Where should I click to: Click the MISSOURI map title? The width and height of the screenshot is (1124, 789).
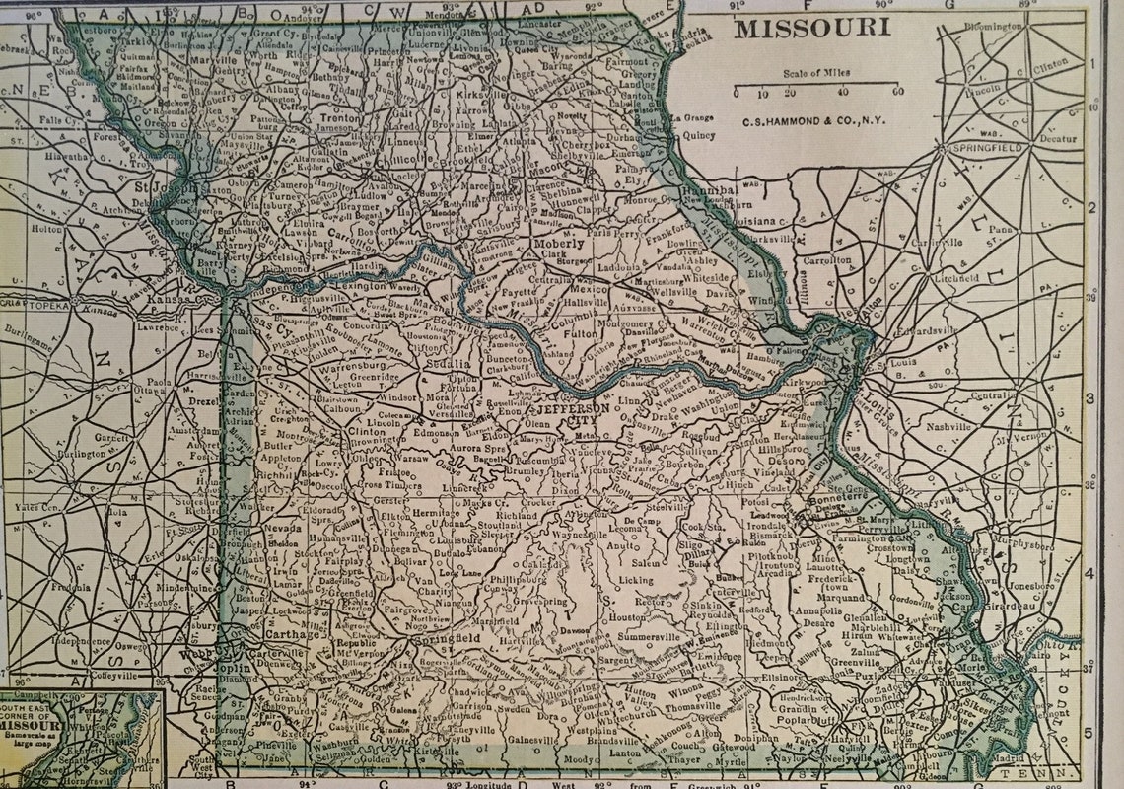(811, 27)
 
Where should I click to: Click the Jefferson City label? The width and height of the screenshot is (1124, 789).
(565, 414)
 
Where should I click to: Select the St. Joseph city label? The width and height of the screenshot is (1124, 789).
(159, 185)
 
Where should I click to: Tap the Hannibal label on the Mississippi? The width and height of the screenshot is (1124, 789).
(710, 189)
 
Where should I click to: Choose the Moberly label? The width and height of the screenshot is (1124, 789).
(559, 242)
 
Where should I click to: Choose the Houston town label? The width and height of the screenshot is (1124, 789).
(626, 616)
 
